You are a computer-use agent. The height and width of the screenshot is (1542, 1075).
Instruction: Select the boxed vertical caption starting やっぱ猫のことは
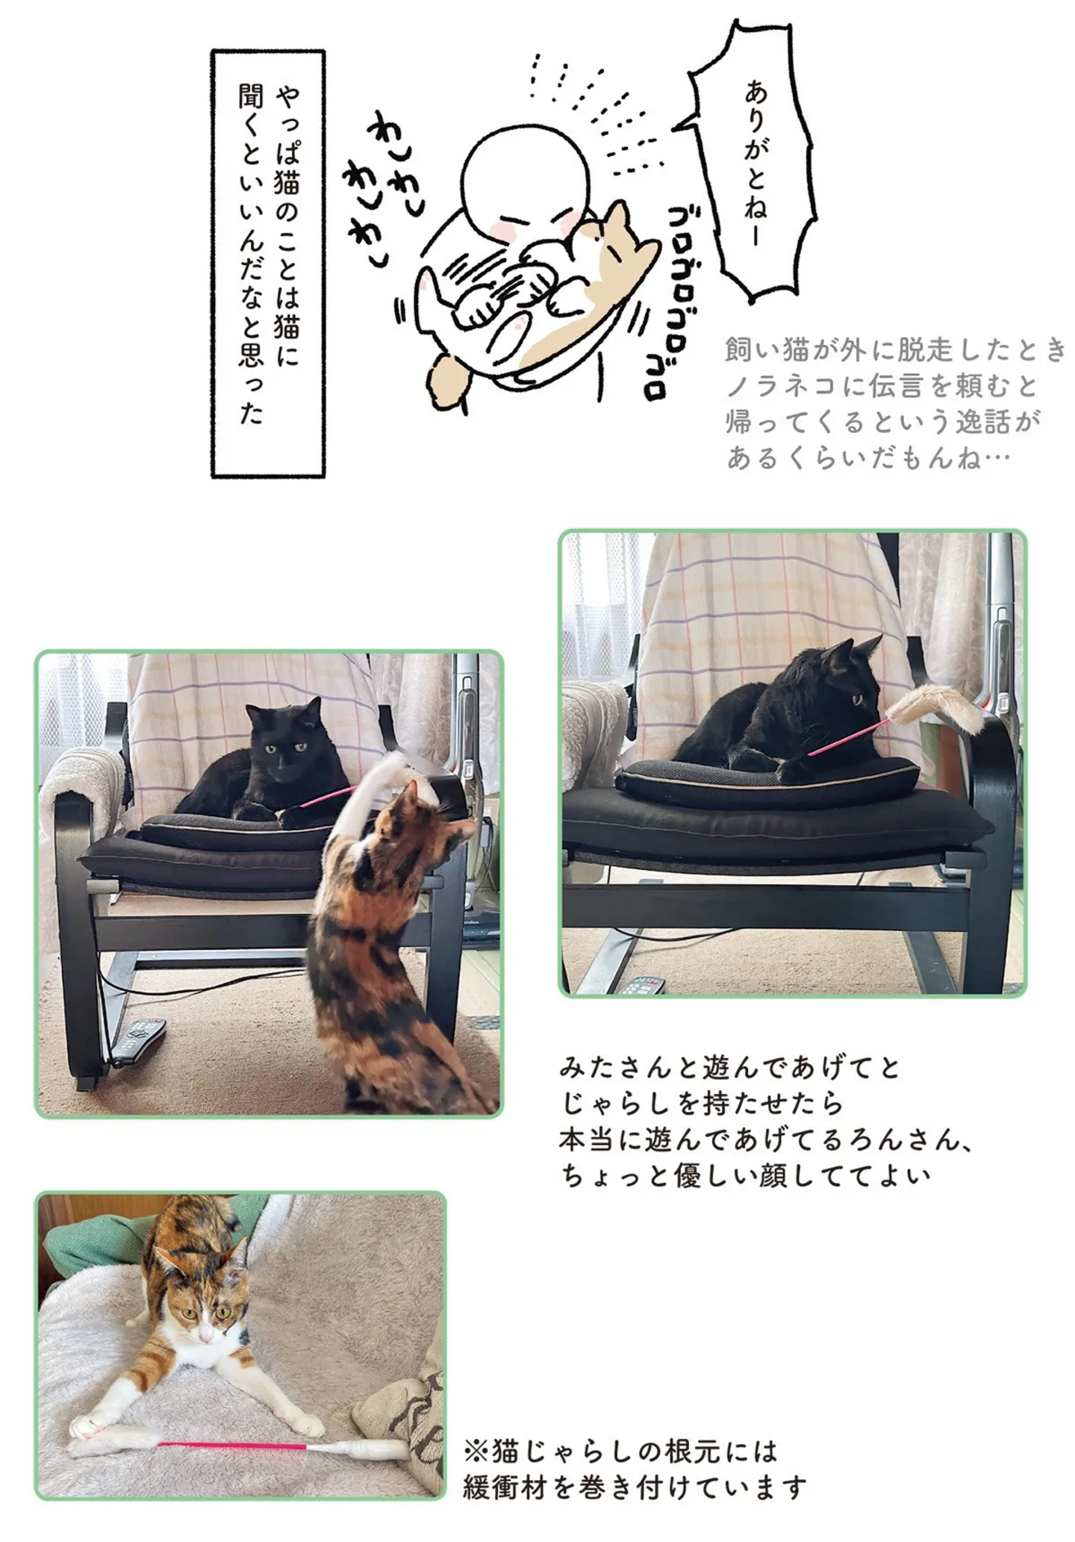pos(268,264)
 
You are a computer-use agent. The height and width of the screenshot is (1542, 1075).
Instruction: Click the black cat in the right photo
pos(776,709)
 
